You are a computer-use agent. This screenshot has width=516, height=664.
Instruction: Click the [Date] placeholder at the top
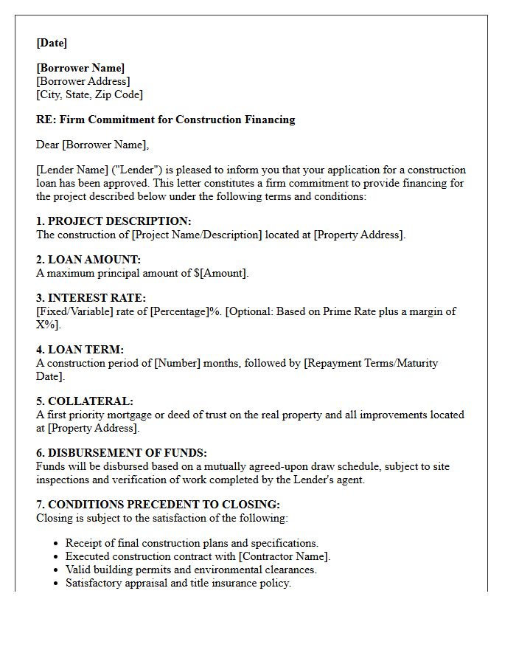tap(52, 43)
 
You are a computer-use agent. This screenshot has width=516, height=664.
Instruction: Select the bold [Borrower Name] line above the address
tap(80, 68)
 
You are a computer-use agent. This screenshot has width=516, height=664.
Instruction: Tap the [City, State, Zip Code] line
tap(89, 94)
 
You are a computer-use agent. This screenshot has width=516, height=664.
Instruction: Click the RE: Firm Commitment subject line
tap(165, 120)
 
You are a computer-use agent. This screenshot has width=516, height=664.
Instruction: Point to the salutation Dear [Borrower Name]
tap(92, 145)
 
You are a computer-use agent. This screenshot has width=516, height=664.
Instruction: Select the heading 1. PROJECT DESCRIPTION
tap(114, 221)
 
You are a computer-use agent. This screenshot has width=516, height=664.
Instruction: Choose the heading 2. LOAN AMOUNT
tap(88, 260)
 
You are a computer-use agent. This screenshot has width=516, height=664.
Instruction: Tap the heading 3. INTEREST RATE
tap(91, 298)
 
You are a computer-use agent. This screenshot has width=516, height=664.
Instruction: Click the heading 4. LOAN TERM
tap(80, 350)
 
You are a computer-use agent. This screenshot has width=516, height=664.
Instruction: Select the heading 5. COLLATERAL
tap(85, 401)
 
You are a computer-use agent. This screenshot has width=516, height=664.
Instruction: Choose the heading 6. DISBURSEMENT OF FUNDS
tap(122, 453)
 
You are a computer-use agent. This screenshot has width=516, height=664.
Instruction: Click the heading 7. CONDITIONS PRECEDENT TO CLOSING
tap(158, 505)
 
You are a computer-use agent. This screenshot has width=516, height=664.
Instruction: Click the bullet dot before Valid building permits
tap(57, 570)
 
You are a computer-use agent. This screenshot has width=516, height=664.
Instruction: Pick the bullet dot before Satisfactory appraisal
tap(57, 584)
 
